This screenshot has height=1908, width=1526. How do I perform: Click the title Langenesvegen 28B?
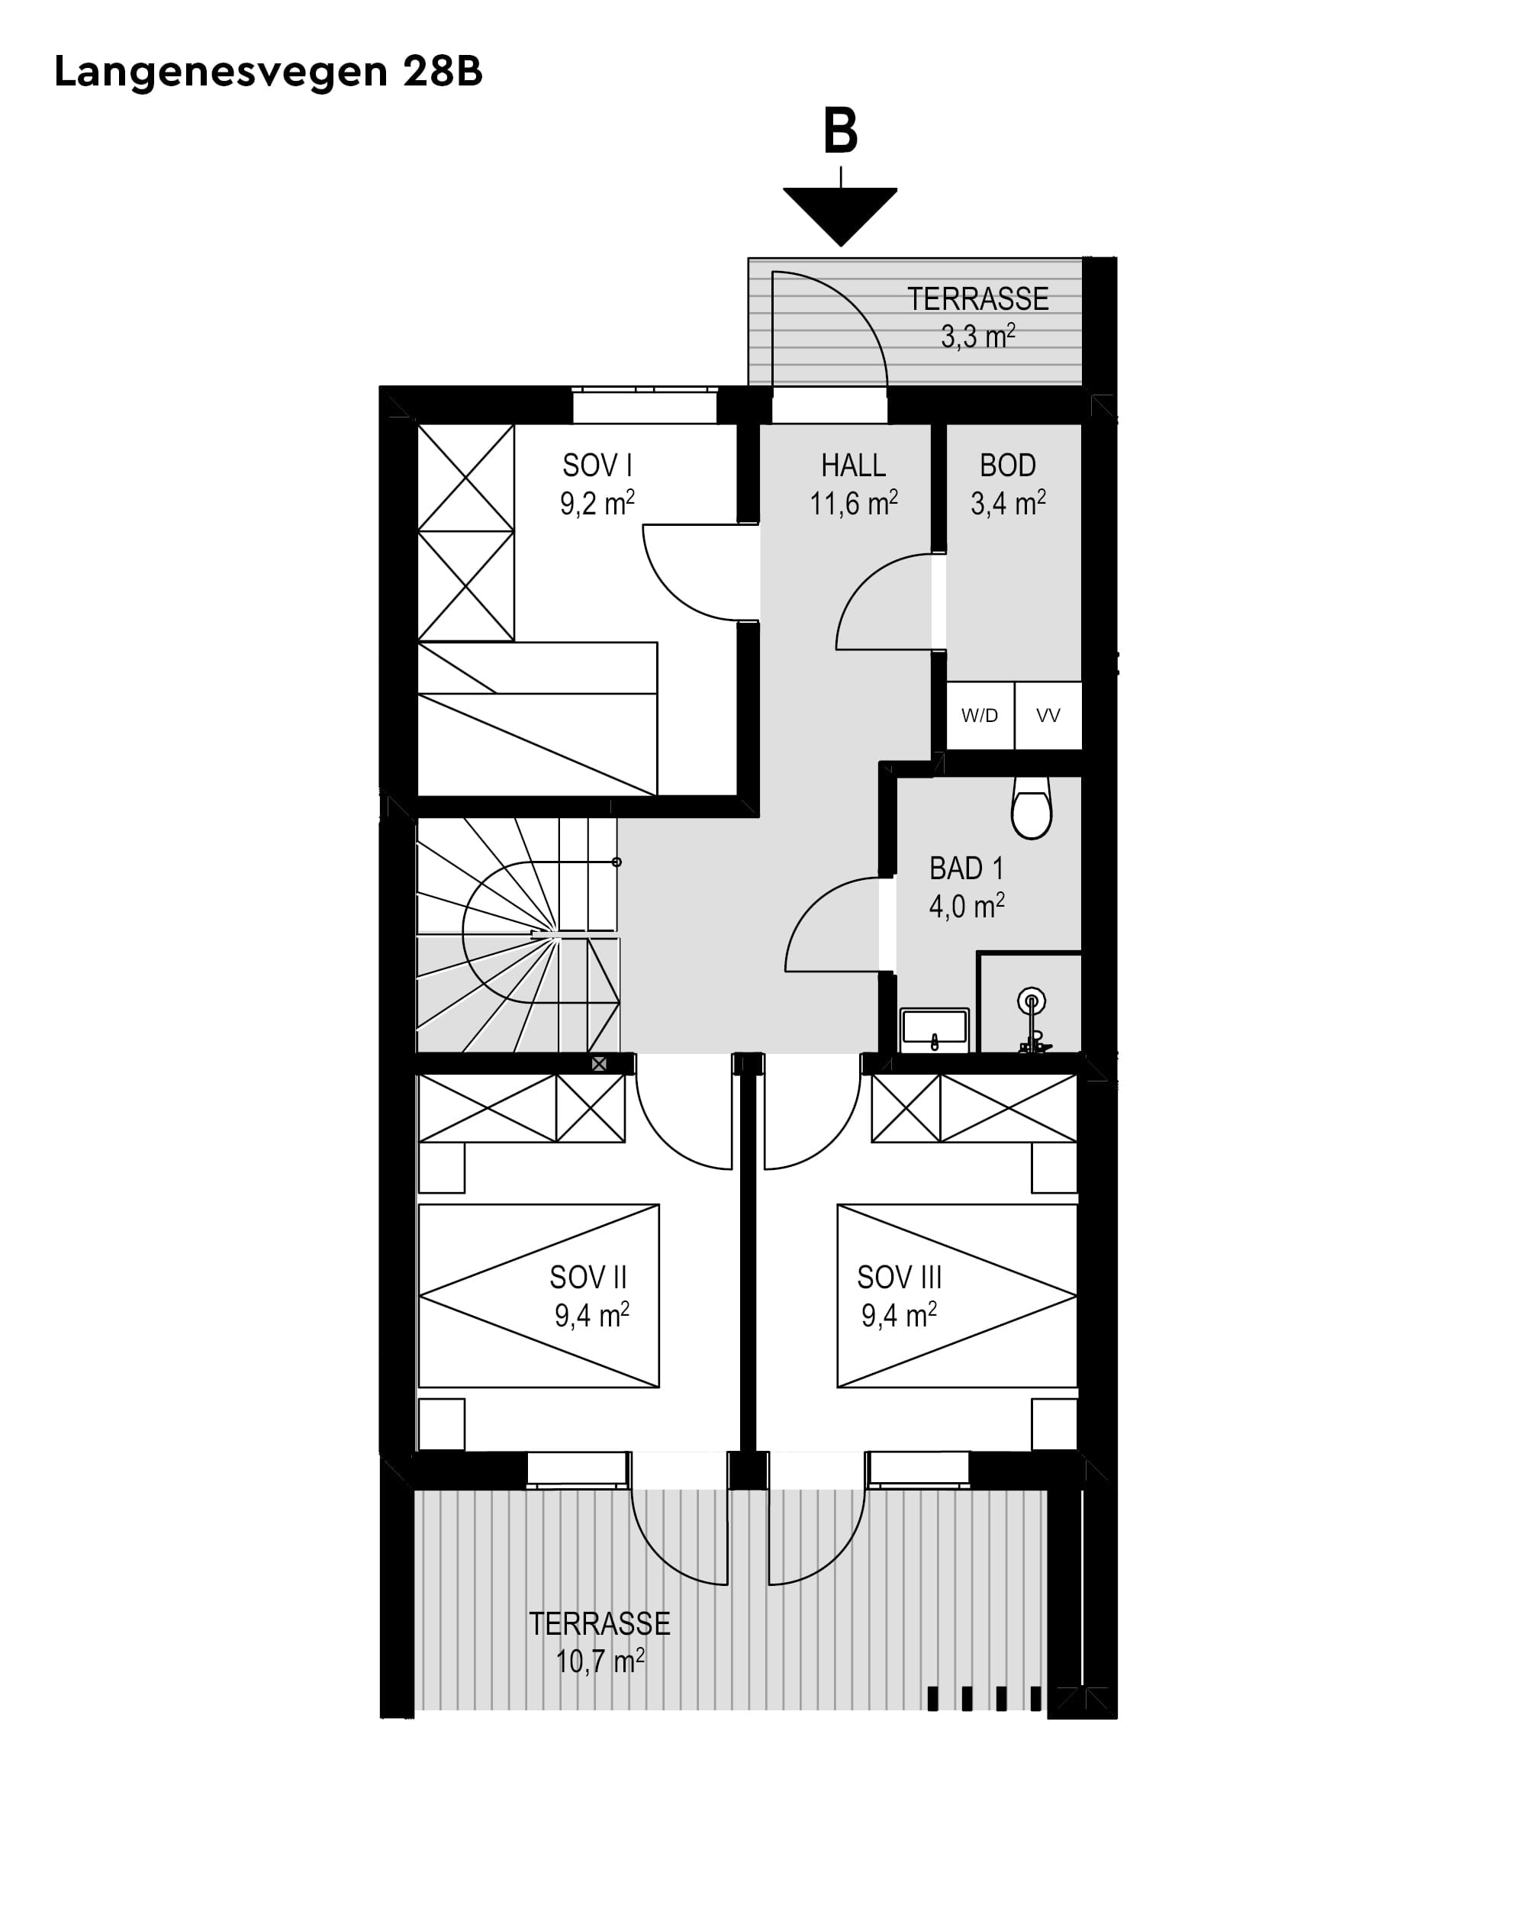[268, 72]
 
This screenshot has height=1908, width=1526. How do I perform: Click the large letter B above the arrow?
[839, 131]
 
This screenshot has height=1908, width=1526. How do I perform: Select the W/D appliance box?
[979, 715]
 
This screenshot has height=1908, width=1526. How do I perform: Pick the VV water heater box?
[1048, 715]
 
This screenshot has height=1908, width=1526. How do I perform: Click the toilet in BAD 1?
[1031, 810]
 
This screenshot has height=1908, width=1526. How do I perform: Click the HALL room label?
[853, 466]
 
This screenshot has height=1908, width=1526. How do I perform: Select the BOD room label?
[1008, 466]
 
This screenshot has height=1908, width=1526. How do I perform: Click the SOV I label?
[597, 466]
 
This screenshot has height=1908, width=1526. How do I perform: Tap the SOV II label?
[588, 1277]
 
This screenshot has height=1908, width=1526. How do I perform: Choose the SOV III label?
[899, 1277]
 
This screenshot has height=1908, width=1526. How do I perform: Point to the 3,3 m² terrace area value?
[977, 337]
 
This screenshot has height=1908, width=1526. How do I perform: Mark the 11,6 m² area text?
[853, 504]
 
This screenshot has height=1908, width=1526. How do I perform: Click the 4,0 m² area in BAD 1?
[966, 906]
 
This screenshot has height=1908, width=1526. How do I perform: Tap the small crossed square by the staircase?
[599, 1064]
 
